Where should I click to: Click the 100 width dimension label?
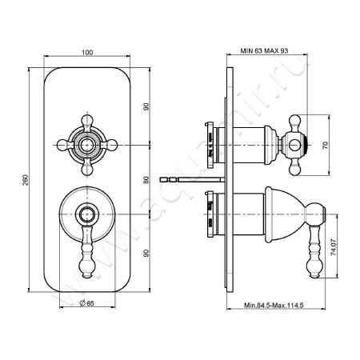tap(87, 52)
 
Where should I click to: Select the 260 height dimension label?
tap(25, 180)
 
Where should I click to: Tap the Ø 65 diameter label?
tap(87, 303)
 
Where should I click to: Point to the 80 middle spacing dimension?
tap(146, 180)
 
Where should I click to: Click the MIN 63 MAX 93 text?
tap(264, 50)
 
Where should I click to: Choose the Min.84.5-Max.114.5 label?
tap(274, 305)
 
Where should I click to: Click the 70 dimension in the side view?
tap(326, 145)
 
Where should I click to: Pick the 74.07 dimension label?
tap(334, 247)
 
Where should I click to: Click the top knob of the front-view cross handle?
tap(87, 120)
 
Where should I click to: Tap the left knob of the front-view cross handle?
tap(62, 145)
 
